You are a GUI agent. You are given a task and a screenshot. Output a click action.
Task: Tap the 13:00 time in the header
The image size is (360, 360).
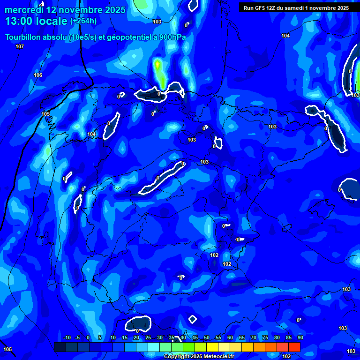(20, 21)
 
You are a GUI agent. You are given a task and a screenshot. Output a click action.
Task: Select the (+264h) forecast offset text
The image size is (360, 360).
(83, 21)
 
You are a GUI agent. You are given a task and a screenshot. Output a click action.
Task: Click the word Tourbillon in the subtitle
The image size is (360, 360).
(25, 37)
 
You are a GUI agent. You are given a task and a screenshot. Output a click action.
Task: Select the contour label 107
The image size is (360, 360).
(19, 46)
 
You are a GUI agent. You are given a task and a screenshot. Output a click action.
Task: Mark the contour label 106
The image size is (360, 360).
(38, 75)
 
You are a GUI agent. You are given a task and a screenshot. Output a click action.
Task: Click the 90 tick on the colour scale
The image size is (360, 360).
(300, 337)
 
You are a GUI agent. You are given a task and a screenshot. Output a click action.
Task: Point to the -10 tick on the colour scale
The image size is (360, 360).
(67, 337)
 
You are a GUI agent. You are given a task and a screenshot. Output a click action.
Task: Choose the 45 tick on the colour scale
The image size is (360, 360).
(195, 337)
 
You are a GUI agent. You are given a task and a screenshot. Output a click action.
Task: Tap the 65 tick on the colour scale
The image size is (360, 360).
(241, 337)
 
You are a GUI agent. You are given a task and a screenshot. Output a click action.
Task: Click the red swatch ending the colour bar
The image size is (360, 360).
(294, 347)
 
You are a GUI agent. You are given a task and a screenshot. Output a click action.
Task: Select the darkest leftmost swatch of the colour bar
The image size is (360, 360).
(60, 347)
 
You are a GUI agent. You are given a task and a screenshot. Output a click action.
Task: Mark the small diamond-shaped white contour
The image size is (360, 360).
(193, 319)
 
